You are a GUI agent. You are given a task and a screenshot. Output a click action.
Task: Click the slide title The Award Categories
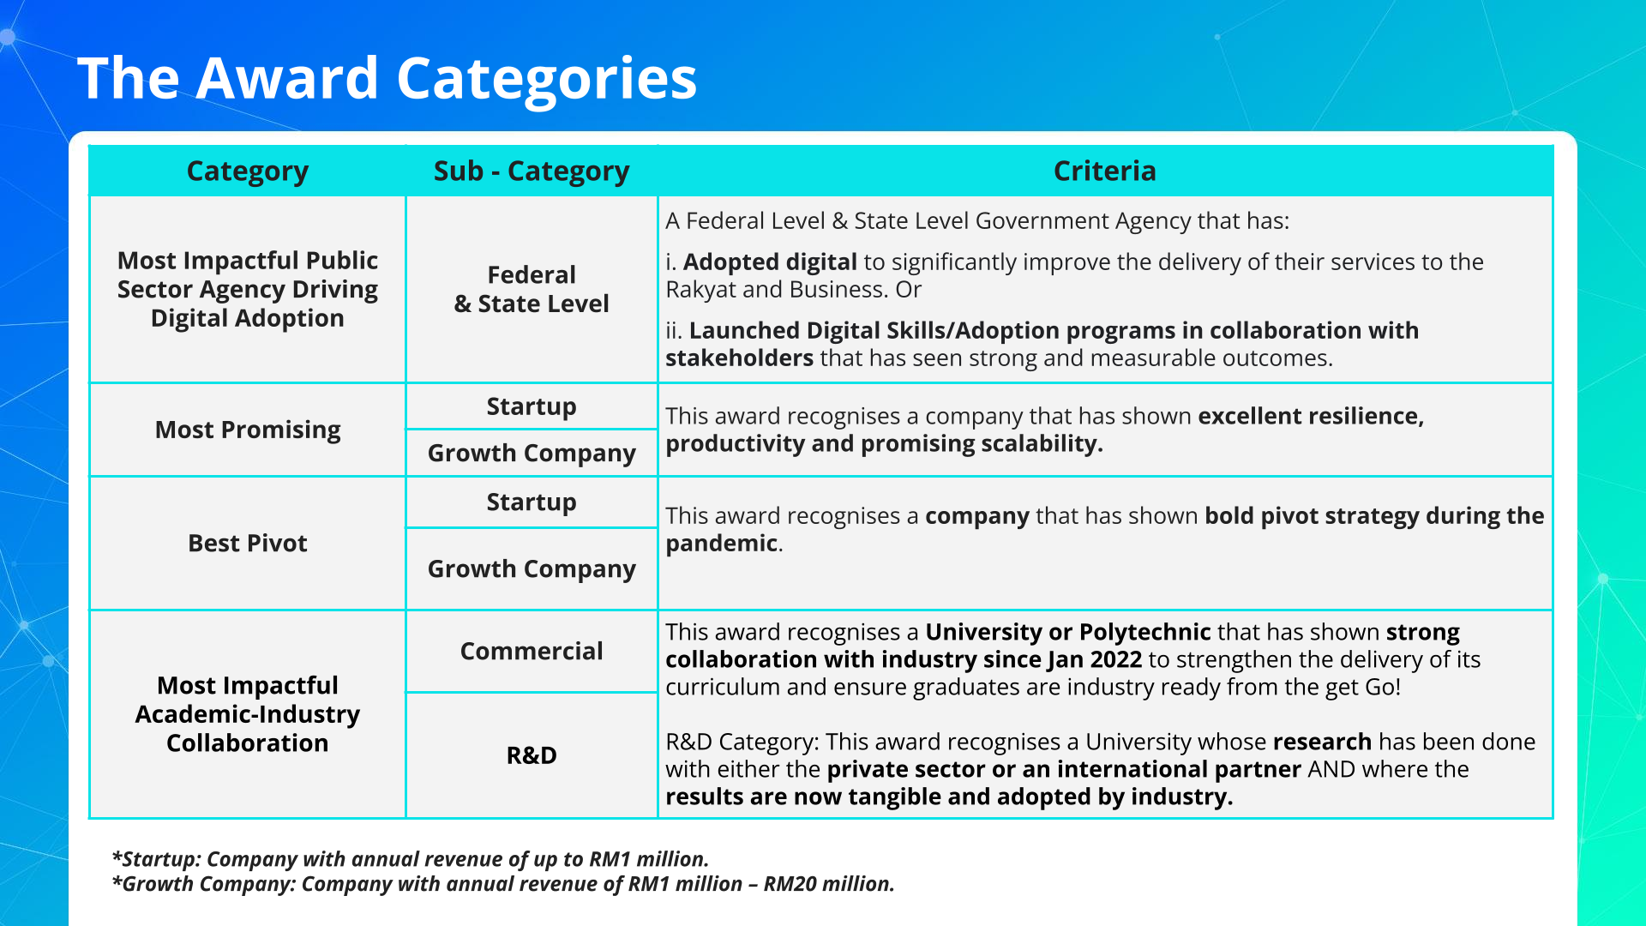tap(387, 78)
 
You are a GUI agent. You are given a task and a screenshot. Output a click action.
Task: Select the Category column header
tap(248, 171)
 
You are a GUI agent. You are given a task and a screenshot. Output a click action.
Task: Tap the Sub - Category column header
tap(532, 171)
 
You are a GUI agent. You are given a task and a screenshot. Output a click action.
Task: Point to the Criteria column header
tap(1105, 171)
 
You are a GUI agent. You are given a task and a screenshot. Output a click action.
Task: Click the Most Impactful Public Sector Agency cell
tap(248, 289)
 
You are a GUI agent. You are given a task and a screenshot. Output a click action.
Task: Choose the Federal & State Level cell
tap(532, 289)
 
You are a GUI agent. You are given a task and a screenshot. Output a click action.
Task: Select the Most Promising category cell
tap(248, 430)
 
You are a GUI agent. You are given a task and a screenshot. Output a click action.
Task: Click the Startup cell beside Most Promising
tap(532, 406)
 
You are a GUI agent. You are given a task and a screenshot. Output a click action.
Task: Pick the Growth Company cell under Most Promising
tap(532, 453)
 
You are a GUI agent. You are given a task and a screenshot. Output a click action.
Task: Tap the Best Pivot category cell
tap(248, 543)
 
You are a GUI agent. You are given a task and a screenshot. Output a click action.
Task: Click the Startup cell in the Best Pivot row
tap(532, 502)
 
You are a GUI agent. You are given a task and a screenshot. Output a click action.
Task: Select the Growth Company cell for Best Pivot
tap(532, 569)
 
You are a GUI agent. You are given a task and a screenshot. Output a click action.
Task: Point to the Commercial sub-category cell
tap(532, 651)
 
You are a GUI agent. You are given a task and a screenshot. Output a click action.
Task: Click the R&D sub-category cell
tap(532, 755)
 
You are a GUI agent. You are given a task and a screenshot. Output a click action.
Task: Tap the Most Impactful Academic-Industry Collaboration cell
tap(248, 714)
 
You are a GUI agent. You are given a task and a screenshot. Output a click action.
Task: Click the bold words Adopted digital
tap(770, 262)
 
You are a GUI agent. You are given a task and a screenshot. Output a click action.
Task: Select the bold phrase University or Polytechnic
tap(1068, 632)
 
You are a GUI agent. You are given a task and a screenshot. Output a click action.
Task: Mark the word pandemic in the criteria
tap(721, 544)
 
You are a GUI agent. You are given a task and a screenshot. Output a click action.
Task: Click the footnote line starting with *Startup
tap(411, 859)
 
